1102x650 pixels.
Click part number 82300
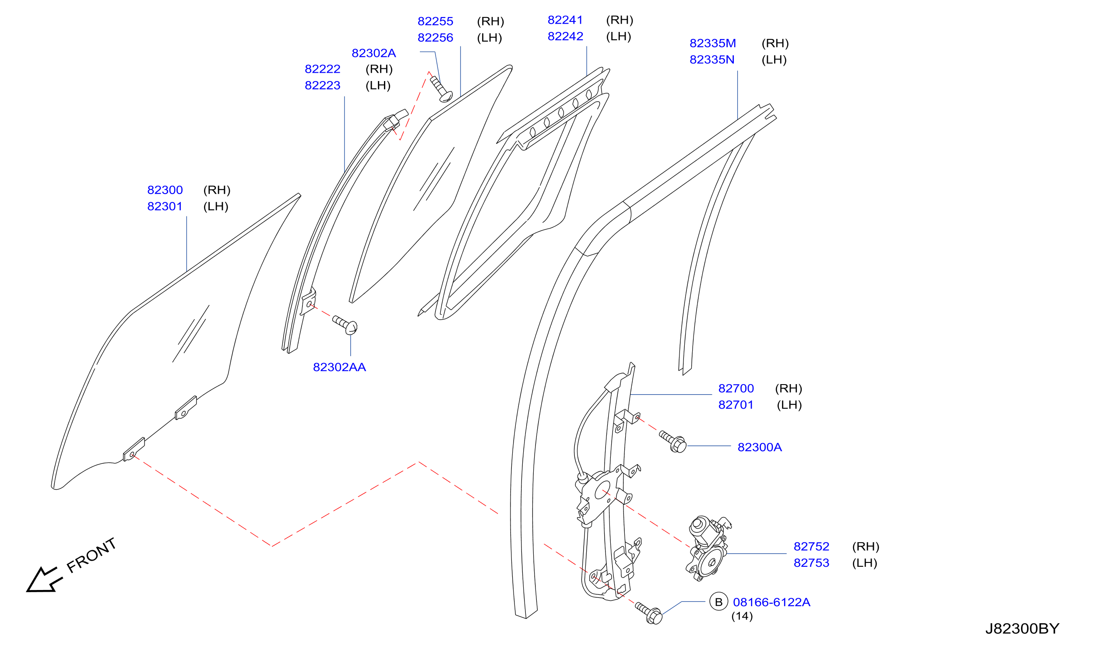(x=165, y=190)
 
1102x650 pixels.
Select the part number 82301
(x=165, y=206)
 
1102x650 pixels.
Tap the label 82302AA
(x=339, y=367)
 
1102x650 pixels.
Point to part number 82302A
(x=374, y=53)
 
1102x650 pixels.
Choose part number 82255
(x=435, y=21)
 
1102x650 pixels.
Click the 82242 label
(x=565, y=36)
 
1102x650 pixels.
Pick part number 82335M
(x=713, y=43)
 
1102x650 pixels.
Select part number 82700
(x=736, y=388)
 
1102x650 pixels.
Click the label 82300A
(x=760, y=447)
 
